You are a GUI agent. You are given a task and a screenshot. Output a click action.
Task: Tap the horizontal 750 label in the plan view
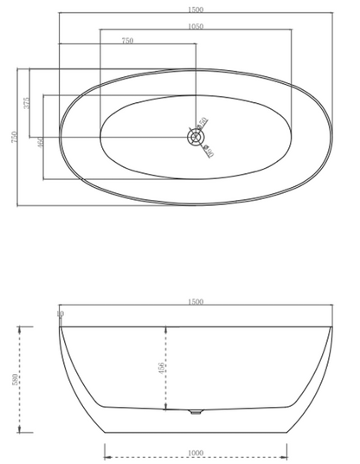pos(127,41)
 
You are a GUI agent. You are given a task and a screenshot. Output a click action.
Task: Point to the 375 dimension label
pos(28,101)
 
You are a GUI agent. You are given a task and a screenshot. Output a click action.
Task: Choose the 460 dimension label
pos(42,142)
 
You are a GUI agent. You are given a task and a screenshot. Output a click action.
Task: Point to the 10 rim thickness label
pos(60,314)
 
